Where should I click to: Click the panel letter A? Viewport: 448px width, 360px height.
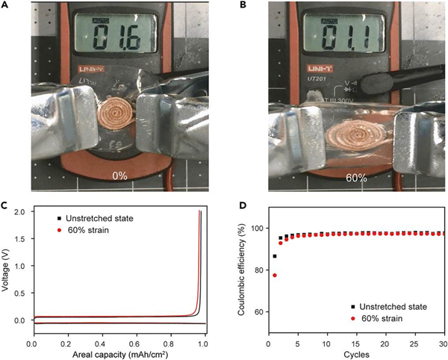point(6,6)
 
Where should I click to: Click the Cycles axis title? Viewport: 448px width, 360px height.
point(355,354)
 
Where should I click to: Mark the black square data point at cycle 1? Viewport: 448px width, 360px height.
point(275,256)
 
